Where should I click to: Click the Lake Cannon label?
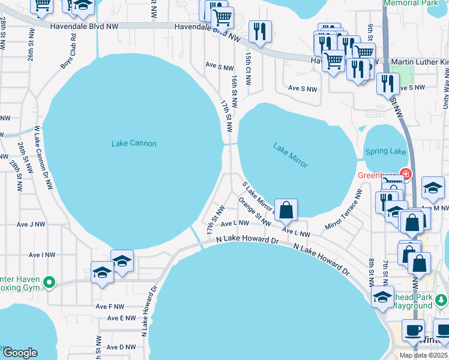(x=134, y=143)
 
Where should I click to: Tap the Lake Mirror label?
(x=291, y=155)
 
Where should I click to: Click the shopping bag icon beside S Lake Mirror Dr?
(x=287, y=209)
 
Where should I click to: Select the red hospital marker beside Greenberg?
(x=406, y=175)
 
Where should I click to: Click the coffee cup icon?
(x=413, y=329)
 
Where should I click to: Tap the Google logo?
(x=20, y=353)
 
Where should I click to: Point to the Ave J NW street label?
(x=31, y=224)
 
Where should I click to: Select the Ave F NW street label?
(x=109, y=307)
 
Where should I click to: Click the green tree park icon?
(x=441, y=299)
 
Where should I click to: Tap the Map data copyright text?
(x=423, y=355)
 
